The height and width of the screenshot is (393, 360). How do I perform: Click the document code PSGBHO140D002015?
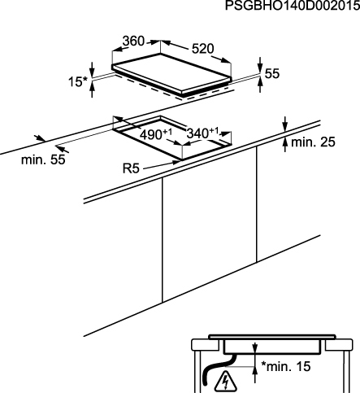tap(293, 6)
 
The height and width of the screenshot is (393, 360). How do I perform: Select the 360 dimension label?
tap(133, 41)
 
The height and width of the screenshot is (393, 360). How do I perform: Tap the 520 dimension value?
tap(203, 49)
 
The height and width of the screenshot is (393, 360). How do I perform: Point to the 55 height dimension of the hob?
tap(271, 73)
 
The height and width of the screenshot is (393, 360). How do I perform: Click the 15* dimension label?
tap(78, 81)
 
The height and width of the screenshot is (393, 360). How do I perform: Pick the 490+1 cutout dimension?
tap(156, 134)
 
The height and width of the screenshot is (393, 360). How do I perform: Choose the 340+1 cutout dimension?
tap(202, 133)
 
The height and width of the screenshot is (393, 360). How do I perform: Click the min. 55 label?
tap(43, 159)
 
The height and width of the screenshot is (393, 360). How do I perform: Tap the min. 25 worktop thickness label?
tap(313, 142)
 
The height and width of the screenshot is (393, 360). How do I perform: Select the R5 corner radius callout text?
tap(131, 168)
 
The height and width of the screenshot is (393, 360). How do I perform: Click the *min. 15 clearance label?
tap(285, 366)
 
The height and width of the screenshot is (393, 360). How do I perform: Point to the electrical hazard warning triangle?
tap(224, 380)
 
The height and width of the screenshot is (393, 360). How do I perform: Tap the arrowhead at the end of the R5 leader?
tap(176, 163)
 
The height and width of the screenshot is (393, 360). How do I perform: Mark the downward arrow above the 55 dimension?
tap(260, 65)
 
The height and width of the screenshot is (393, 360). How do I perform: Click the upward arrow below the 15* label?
tap(92, 90)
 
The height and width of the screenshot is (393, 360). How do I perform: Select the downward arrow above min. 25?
tap(284, 124)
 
